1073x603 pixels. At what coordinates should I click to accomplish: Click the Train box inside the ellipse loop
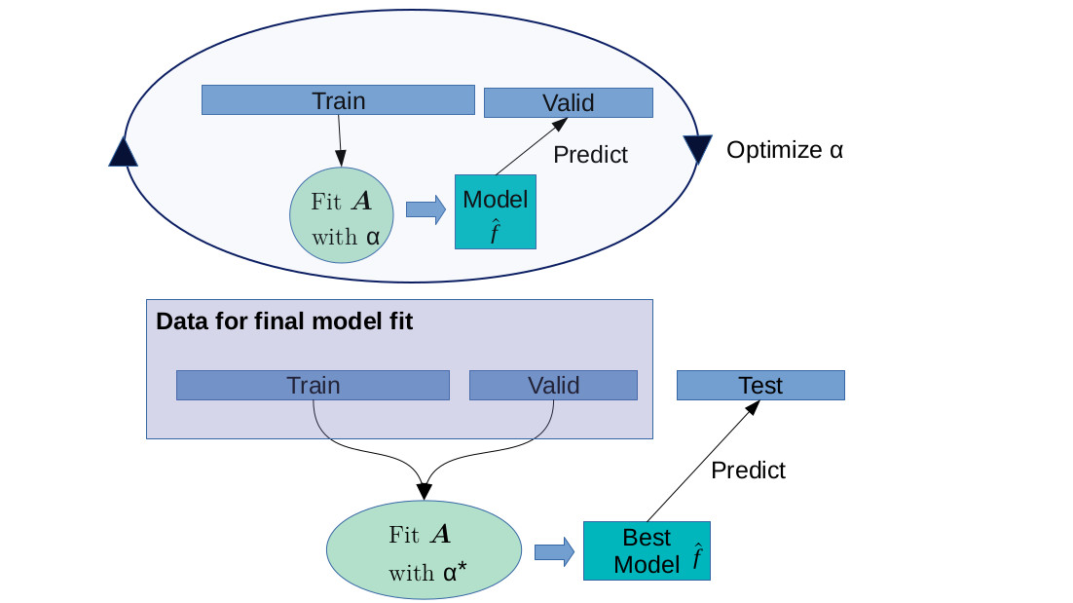coord(338,100)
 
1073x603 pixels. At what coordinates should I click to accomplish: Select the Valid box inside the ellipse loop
coord(568,103)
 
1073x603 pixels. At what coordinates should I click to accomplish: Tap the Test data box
coord(760,386)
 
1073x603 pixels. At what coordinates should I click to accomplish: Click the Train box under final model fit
coord(313,386)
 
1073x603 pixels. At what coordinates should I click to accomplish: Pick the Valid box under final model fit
coord(553,386)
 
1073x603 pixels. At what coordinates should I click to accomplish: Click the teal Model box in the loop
coord(495,211)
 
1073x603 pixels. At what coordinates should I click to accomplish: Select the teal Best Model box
coord(647,551)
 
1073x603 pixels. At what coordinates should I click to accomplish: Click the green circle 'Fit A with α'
coord(342,216)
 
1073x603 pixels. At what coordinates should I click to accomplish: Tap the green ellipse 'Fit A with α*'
coord(423,551)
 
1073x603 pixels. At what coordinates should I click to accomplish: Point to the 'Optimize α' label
coord(784,150)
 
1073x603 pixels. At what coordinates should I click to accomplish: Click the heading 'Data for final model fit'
coord(284,321)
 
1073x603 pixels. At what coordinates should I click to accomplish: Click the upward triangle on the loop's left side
coord(123,152)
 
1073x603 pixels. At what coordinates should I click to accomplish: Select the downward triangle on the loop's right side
coord(698,149)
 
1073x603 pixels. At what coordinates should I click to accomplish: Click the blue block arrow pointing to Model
coord(425,210)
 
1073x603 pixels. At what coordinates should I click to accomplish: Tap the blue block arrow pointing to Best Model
coord(554,551)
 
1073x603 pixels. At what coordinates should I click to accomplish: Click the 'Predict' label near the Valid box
coord(590,155)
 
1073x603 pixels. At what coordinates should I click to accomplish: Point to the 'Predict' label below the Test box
coord(748,471)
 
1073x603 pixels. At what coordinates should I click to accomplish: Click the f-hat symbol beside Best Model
coord(698,557)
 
